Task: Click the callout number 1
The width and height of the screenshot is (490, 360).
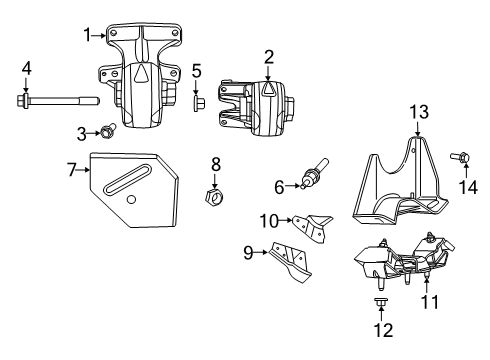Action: (x=86, y=33)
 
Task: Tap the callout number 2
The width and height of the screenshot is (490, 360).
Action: (x=268, y=56)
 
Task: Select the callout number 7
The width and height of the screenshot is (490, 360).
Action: (x=72, y=170)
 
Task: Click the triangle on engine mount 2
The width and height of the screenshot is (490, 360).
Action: (x=268, y=90)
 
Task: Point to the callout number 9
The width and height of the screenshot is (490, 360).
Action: (x=248, y=253)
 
